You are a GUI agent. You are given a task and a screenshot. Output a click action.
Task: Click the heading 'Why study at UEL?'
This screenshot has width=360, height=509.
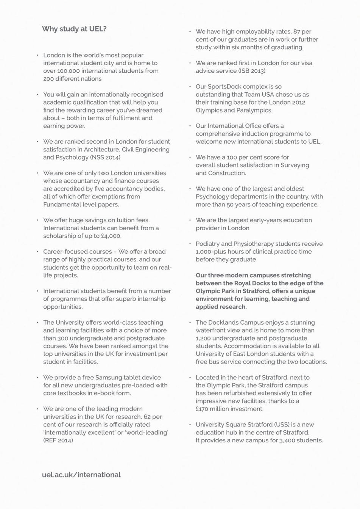74,29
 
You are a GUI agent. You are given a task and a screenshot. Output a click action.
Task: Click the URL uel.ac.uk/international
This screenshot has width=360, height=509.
81,475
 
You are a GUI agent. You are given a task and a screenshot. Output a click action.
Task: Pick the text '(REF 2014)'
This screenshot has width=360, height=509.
58,440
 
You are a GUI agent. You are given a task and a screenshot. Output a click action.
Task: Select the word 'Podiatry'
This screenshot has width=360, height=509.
207,244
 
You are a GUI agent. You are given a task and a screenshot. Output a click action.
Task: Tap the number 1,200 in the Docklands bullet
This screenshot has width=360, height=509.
204,338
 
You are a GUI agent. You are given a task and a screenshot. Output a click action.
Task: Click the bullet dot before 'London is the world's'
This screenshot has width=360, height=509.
38,55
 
